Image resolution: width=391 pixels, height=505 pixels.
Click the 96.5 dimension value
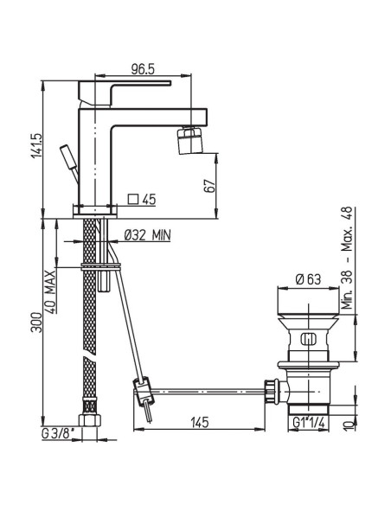coord(143,69)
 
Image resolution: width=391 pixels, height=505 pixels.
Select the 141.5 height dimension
coord(36,145)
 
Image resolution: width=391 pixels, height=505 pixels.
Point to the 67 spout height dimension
coord(209,186)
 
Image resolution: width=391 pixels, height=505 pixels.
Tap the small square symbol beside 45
coord(133,199)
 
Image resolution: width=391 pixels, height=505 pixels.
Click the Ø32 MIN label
coord(147,235)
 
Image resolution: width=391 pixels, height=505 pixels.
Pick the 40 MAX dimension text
coord(50,292)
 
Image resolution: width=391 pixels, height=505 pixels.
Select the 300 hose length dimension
coord(36,322)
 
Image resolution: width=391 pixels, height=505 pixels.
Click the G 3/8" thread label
coord(58,433)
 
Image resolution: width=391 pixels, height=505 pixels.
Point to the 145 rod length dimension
coord(200,422)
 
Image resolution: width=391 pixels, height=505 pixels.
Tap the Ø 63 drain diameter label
coord(308,279)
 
